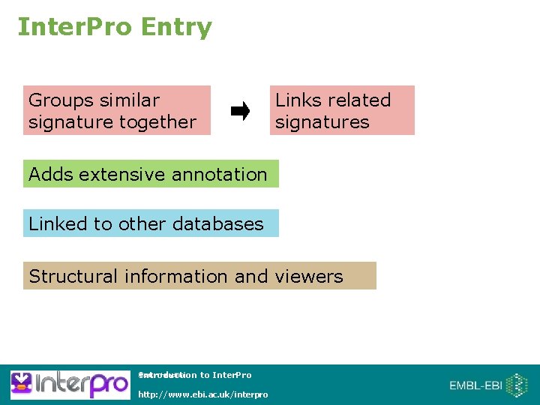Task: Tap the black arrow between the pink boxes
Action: [x=240, y=112]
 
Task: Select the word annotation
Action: [x=219, y=174]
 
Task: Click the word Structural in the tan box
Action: [x=73, y=276]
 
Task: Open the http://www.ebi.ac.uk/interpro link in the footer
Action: [x=202, y=394]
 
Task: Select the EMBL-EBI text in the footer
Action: [x=475, y=385]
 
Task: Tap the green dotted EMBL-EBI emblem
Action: [x=517, y=385]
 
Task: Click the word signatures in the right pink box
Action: [x=322, y=121]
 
